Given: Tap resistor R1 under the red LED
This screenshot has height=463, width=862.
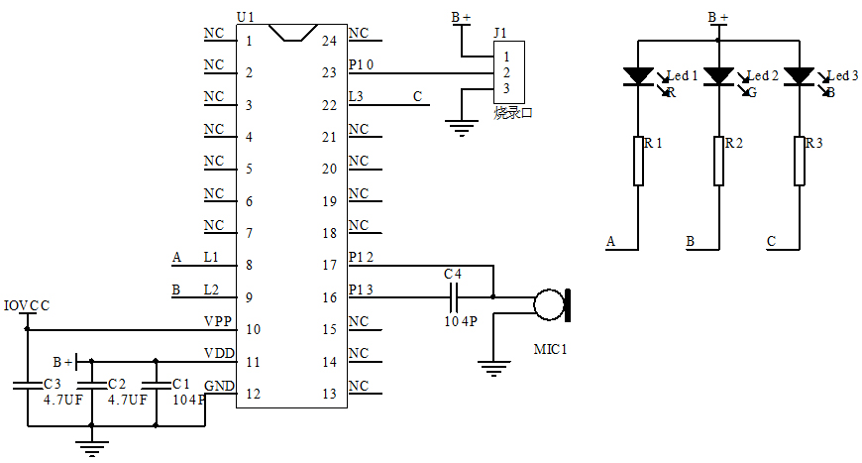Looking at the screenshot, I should click(638, 161).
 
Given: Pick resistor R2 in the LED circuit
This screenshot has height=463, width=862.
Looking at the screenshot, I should click(718, 161).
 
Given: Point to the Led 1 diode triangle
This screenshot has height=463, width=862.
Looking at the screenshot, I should click(638, 76).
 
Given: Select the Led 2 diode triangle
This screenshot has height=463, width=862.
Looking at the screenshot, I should click(718, 76).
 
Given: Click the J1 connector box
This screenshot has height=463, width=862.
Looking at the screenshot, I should click(507, 71).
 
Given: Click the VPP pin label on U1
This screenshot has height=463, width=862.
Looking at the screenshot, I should click(218, 321).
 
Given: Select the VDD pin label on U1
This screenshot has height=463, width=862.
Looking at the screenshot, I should click(218, 353).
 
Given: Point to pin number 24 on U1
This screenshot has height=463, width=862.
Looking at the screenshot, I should click(329, 41).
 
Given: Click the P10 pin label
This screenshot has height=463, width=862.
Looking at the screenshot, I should click(362, 65).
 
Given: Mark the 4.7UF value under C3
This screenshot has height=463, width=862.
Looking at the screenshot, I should click(62, 400).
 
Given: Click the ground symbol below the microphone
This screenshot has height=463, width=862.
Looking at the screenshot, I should click(492, 368).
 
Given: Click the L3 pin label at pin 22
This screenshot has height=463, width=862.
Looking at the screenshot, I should click(358, 97).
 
